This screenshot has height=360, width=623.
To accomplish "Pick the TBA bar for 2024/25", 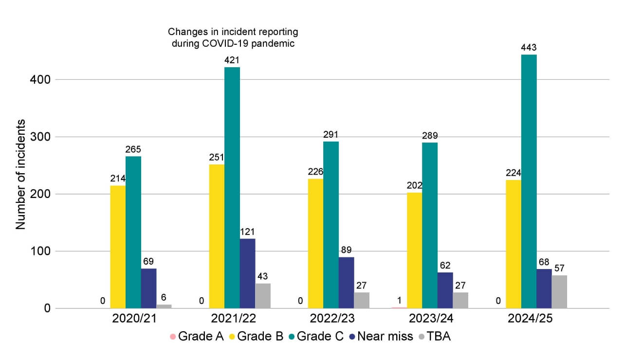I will (559, 292).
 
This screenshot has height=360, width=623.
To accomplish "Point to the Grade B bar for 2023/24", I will (414, 250).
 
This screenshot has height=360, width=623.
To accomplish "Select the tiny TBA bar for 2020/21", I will (164, 306).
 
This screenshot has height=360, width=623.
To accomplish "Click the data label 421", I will (232, 60).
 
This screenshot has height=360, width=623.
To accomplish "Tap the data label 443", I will (529, 48).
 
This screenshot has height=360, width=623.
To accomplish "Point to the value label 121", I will (247, 232).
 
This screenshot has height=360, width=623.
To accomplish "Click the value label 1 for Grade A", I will (399, 300).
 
